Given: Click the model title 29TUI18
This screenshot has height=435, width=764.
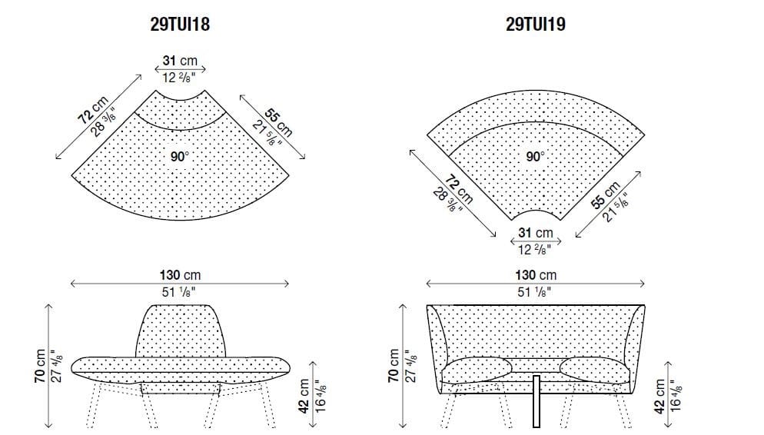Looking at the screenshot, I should point(180,25).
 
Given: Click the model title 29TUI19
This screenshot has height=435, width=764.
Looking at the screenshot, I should point(536,25).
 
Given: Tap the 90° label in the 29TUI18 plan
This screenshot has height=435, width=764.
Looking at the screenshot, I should point(180,156).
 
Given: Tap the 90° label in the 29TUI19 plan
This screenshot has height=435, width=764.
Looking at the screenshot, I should point(536,156).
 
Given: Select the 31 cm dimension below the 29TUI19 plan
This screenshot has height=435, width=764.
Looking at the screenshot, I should point(535,233).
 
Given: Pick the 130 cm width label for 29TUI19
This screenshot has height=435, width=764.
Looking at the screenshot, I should point(536,275).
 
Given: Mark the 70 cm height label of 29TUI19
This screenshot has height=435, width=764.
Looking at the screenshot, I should point(394,366).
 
